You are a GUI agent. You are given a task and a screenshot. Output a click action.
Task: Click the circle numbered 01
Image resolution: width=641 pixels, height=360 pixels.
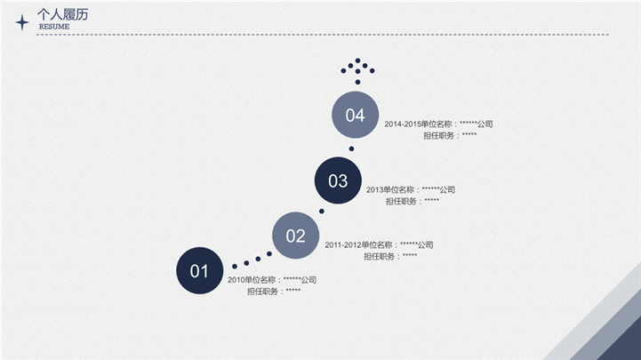pos(199,270)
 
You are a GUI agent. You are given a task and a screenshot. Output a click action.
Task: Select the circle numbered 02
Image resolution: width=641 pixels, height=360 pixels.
pos(295,236)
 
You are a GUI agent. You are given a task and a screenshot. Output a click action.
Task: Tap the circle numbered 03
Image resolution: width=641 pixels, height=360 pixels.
pos(338,180)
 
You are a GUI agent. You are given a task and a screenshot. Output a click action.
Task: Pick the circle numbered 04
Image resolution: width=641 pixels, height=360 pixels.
pos(355,115)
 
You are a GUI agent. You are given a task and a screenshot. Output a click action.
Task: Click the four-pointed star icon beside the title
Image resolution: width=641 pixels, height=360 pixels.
pos(22,22)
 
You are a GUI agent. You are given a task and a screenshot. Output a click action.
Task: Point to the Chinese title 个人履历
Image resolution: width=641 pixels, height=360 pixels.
pos(62,15)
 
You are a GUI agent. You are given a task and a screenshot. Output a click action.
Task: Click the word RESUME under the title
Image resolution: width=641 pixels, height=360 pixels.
pos(54,27)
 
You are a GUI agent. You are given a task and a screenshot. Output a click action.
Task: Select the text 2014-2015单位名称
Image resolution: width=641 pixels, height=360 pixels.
pos(418,124)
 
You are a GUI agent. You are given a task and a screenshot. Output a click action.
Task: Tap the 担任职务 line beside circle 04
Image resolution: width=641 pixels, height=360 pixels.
pos(450,135)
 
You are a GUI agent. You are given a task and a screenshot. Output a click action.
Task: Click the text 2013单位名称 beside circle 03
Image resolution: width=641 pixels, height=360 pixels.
pos(390,189)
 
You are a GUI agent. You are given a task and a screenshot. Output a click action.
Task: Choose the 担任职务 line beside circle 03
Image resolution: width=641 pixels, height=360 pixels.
pos(413,201)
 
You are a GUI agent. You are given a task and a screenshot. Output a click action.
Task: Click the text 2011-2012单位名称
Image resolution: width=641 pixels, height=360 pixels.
pos(358,244)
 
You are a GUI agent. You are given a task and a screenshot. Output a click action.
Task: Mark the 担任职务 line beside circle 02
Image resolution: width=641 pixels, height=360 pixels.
pos(390,256)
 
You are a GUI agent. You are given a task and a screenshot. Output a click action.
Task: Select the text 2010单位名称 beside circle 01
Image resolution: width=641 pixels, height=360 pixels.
pos(252,280)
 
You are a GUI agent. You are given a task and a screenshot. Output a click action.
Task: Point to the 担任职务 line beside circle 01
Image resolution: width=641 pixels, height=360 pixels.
pos(274,292)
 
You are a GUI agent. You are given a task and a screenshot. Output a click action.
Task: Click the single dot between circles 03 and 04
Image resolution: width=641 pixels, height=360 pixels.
pos(351,148)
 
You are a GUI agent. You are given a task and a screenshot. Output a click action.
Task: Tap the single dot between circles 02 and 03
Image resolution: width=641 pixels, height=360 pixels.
pos(322,212)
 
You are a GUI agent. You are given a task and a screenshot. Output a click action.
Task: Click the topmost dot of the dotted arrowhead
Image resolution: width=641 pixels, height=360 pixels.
pos(357,60)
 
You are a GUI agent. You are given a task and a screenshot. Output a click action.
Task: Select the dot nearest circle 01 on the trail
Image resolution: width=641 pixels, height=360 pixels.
pos(235,267)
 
